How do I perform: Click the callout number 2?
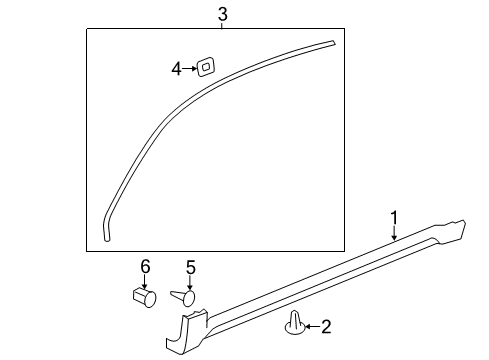(325, 326)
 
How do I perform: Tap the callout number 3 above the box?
(222, 13)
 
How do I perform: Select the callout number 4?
(176, 68)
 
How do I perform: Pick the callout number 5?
(190, 267)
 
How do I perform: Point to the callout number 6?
(145, 266)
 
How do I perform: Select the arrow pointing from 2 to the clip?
(311, 326)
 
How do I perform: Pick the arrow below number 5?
(190, 282)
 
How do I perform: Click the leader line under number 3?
(222, 24)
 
